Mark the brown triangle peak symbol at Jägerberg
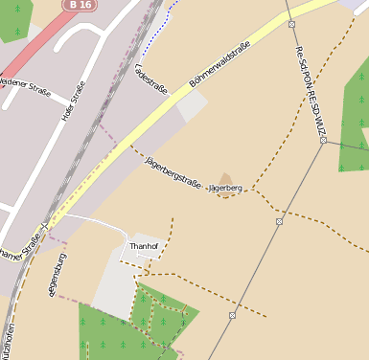pos(226,178)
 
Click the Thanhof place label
pos(143,246)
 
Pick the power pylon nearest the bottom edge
pos(232,314)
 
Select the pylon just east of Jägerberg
pos(279,221)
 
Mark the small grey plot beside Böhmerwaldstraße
pos(191,105)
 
